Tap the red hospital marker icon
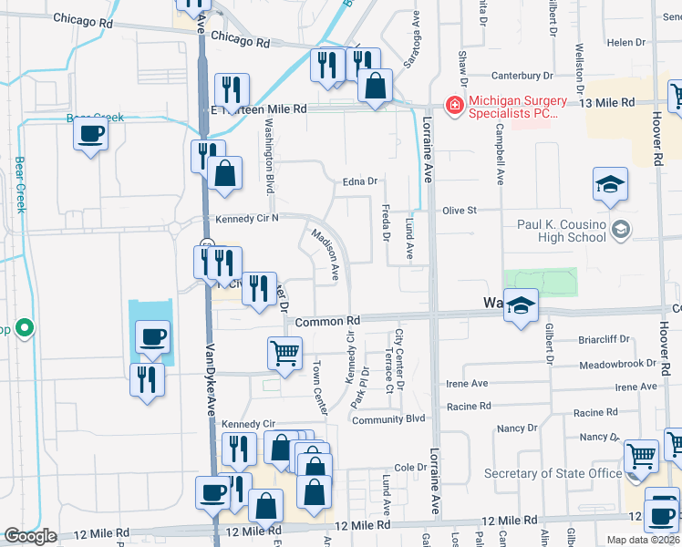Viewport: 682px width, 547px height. click(453, 106)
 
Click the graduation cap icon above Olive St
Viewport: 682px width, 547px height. click(610, 186)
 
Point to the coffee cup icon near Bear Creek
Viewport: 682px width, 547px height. click(90, 135)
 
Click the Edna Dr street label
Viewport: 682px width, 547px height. click(359, 181)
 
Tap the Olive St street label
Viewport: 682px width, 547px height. click(460, 210)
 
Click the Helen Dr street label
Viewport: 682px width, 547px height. click(626, 43)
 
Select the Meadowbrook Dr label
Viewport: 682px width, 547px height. click(617, 365)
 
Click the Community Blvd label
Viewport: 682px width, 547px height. click(389, 419)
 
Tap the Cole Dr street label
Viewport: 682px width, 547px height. click(410, 467)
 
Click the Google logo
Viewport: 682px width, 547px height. click(30, 536)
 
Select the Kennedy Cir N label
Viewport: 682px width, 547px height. click(246, 219)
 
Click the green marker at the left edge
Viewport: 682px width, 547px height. click(25, 327)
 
